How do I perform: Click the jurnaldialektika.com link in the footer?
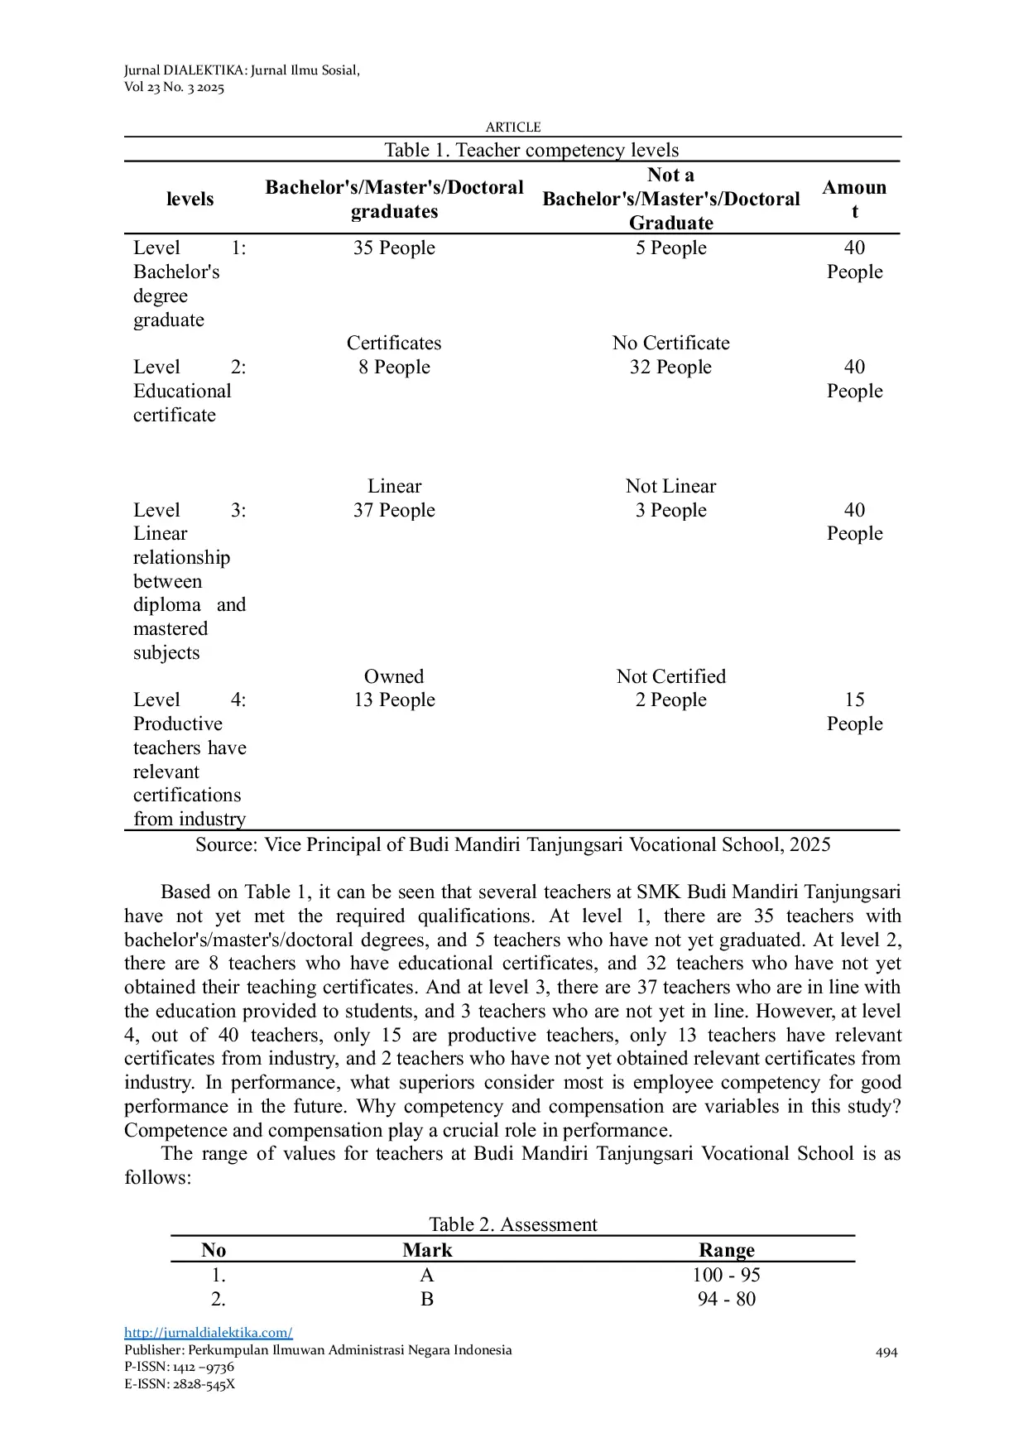coord(208,1333)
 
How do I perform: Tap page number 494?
coord(886,1353)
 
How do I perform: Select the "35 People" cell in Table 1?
coord(394,248)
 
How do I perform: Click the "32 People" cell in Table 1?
coord(670,368)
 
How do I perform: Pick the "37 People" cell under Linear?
coord(394,511)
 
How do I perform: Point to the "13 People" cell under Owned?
coord(394,700)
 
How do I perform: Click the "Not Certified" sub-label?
coord(670,676)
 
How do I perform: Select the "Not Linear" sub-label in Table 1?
coord(670,487)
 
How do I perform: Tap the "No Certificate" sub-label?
coord(670,344)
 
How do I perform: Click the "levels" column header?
coord(190,200)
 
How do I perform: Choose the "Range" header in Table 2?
coord(726,1250)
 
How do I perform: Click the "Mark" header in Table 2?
coord(427,1250)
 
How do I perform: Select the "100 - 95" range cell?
coord(726,1276)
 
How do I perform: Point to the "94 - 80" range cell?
coord(726,1300)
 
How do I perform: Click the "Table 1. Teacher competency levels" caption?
coord(531,151)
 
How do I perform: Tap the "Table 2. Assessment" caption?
coord(513,1224)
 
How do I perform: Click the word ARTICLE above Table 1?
coord(513,127)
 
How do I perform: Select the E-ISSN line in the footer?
coord(180,1384)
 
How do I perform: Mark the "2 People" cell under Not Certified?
coord(670,700)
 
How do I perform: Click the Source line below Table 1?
coord(513,845)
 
